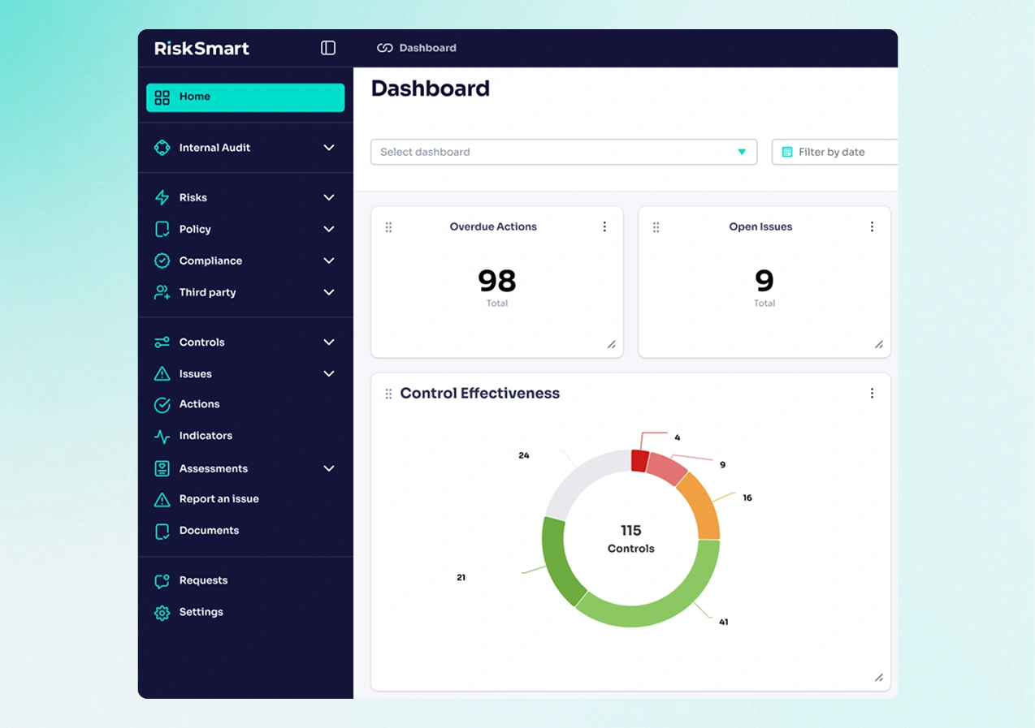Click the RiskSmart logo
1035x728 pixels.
(x=201, y=49)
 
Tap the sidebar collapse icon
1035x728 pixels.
(x=328, y=48)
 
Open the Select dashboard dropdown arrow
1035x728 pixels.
(x=741, y=152)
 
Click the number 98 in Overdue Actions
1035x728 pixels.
(x=496, y=281)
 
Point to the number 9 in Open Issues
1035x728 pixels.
(x=764, y=281)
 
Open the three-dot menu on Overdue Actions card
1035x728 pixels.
(x=604, y=227)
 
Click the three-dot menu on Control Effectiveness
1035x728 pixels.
(x=872, y=394)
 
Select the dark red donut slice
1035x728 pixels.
(x=639, y=461)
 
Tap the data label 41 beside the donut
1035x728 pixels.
(x=723, y=622)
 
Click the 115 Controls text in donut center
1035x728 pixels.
(x=630, y=538)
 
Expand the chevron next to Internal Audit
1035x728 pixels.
(x=329, y=148)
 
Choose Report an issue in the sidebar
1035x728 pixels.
(x=219, y=499)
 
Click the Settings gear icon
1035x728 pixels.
(x=162, y=613)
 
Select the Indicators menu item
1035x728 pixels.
(x=206, y=436)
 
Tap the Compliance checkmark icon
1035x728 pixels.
(x=162, y=261)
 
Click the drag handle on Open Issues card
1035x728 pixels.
(x=656, y=228)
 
